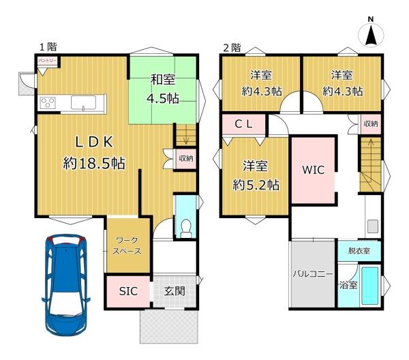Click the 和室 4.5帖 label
coord(163,89)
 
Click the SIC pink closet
coord(128,291)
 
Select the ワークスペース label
coord(128,245)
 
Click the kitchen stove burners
coord(49,104)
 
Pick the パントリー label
coord(28,61)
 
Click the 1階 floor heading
coord(47,46)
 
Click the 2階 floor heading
coord(231,47)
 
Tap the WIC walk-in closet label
coord(314,170)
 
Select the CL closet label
coord(244,124)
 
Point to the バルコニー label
coord(312,274)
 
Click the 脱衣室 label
coord(359,251)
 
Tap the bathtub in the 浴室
coord(370,286)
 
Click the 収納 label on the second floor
coord(370,123)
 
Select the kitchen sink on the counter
coord(83,103)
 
